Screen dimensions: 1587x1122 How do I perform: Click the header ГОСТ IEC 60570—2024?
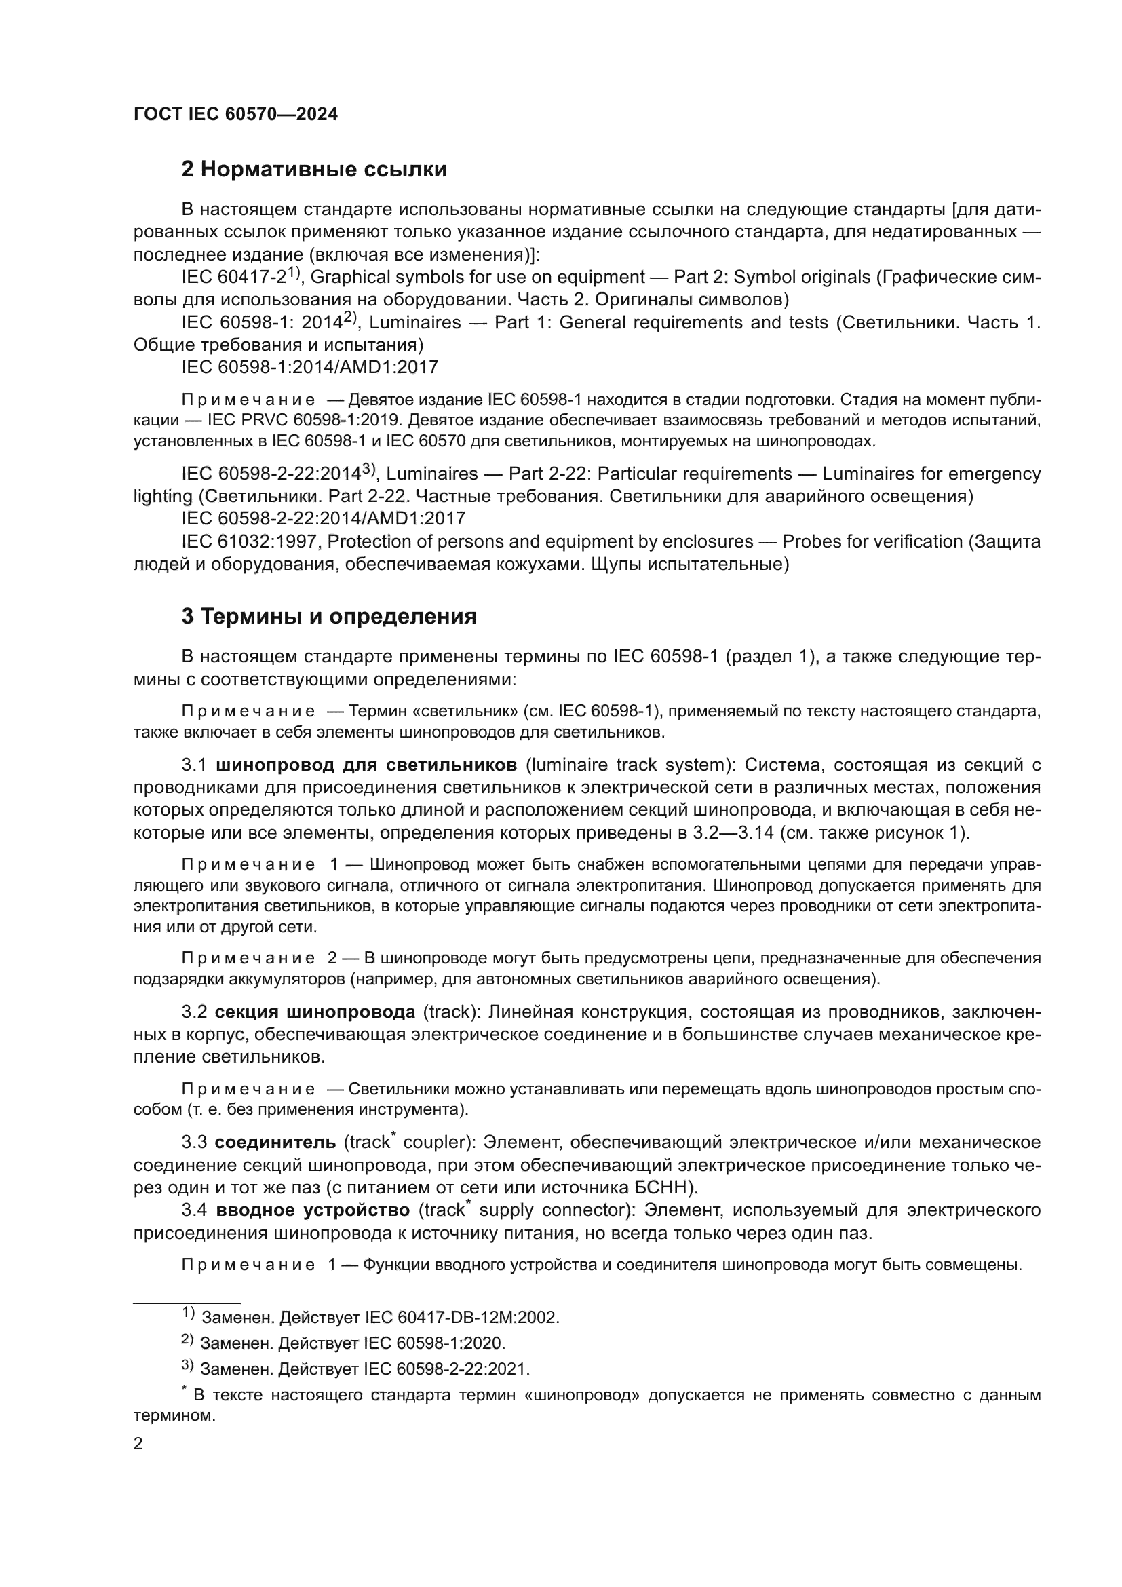point(235,115)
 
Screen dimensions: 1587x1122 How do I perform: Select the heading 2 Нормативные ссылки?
point(313,170)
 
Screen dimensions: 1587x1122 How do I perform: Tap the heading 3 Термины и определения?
point(329,616)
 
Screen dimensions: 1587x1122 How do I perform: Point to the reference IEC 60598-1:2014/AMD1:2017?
point(309,367)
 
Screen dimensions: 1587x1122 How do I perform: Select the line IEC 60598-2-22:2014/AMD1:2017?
point(324,518)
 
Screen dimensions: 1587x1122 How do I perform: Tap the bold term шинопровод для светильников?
point(366,765)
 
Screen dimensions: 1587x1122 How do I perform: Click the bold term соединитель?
point(275,1143)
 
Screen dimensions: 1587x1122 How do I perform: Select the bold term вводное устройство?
point(313,1210)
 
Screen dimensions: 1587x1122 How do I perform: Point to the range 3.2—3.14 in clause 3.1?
point(731,833)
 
